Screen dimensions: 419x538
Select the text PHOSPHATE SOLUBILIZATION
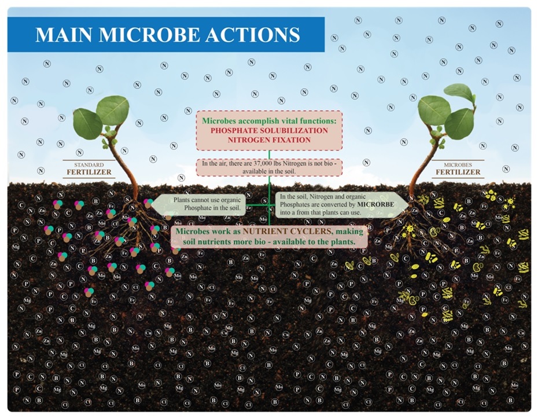pos(269,130)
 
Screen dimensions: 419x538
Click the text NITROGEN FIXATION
pos(269,139)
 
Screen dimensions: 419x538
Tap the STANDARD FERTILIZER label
pos(89,169)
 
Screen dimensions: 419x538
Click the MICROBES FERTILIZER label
pos(458,169)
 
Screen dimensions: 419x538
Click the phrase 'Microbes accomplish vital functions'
pos(269,120)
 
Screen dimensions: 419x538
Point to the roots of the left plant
pos(124,229)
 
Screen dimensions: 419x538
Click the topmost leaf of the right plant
pos(459,91)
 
